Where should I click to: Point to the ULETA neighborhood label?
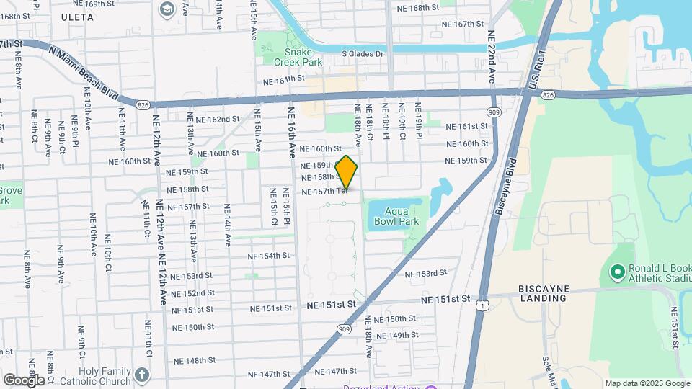pos(77,17)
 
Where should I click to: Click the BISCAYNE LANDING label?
pos(544,294)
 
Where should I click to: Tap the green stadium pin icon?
pos(616,272)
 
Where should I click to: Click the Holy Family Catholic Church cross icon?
pos(143,375)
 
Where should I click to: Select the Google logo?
pos(23,380)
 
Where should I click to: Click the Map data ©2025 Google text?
pos(647,383)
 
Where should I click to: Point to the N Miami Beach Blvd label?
pos(84,73)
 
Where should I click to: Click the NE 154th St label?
pos(268,256)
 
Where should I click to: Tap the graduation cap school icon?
pos(168,9)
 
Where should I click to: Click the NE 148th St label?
pos(190,361)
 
